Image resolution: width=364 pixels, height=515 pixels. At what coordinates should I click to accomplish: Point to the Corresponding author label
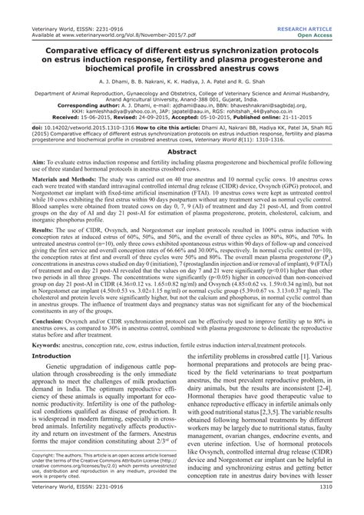click(70, 105)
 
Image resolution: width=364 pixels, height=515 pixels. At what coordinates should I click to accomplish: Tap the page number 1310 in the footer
click(345, 508)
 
